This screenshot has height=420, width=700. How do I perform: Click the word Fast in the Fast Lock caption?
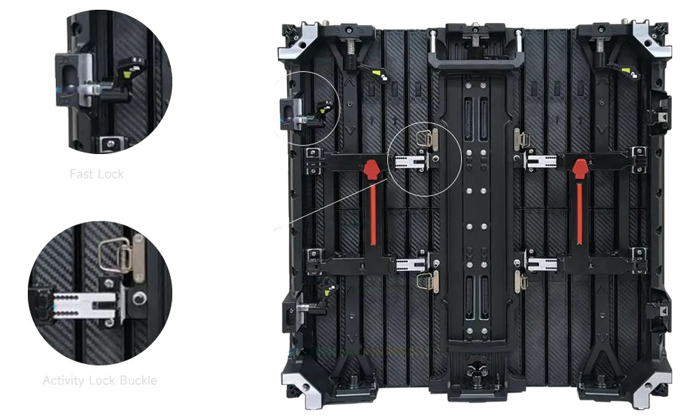pos(81,174)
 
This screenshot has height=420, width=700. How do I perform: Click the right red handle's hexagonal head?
pos(579,169)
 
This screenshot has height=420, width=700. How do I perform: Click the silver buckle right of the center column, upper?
pos(521,139)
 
